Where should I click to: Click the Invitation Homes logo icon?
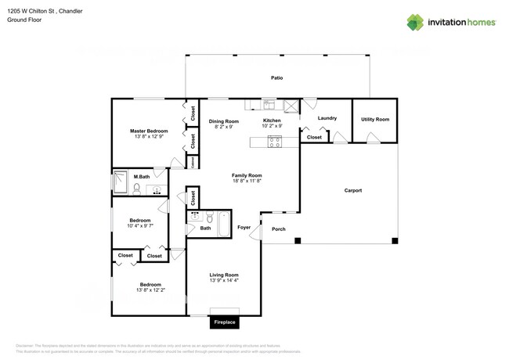click(415, 23)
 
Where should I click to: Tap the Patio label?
click(276, 78)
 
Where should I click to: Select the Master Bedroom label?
click(149, 131)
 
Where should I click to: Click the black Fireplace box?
click(225, 322)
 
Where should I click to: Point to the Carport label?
click(353, 191)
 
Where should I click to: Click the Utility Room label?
click(374, 119)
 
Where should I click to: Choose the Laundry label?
click(327, 118)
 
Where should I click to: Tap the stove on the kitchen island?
click(275, 142)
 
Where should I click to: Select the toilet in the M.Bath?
click(135, 189)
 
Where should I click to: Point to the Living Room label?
click(224, 275)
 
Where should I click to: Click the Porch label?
click(278, 229)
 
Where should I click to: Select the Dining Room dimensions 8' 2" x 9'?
click(223, 127)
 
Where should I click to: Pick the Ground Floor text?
click(25, 20)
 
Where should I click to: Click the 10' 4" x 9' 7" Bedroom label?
click(146, 225)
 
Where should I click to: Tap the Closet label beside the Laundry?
click(314, 138)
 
